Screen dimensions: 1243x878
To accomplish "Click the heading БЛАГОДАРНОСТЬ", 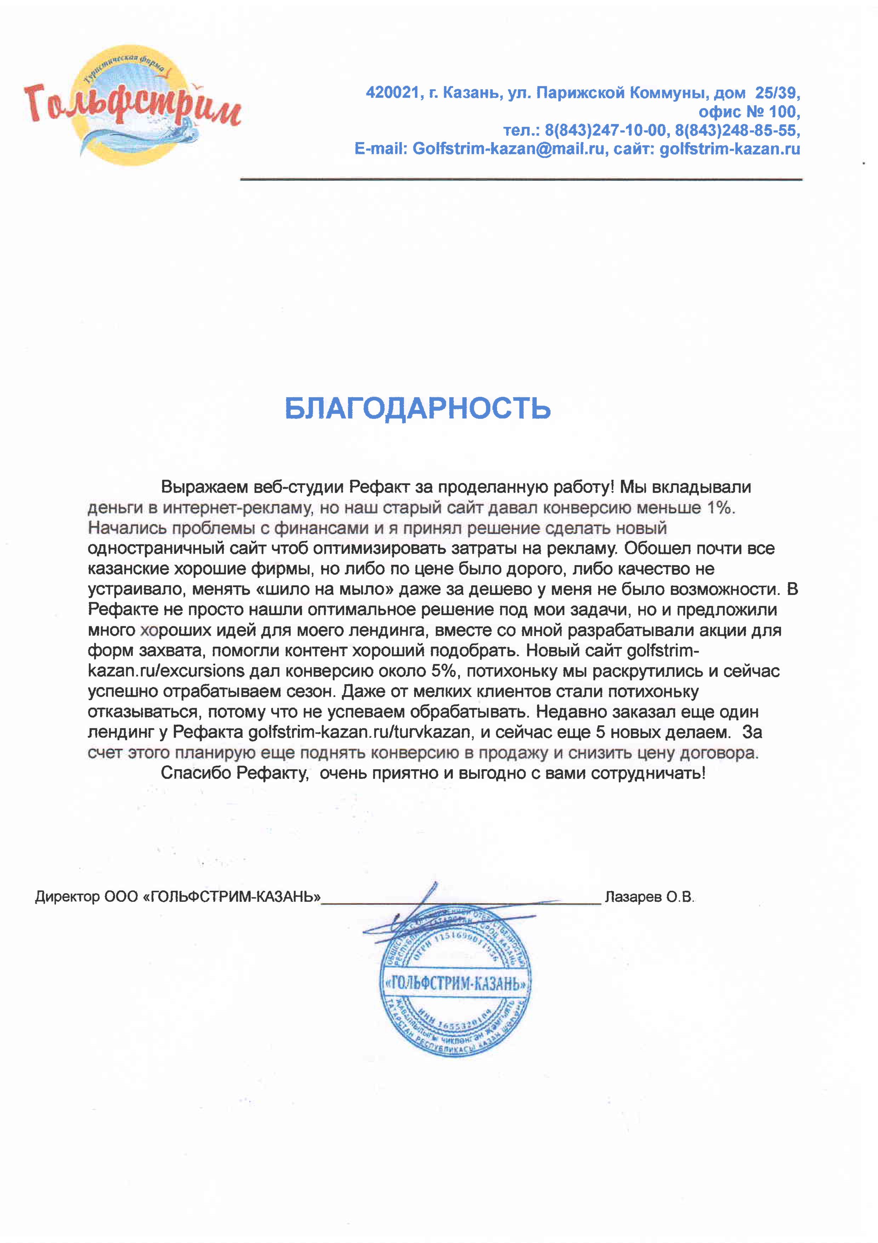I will click(x=418, y=408).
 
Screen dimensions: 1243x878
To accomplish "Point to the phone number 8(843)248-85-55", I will click(x=737, y=130).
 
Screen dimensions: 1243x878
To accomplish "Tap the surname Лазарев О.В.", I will click(x=649, y=897).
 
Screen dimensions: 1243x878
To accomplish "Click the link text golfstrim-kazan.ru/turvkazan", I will click(x=359, y=732).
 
